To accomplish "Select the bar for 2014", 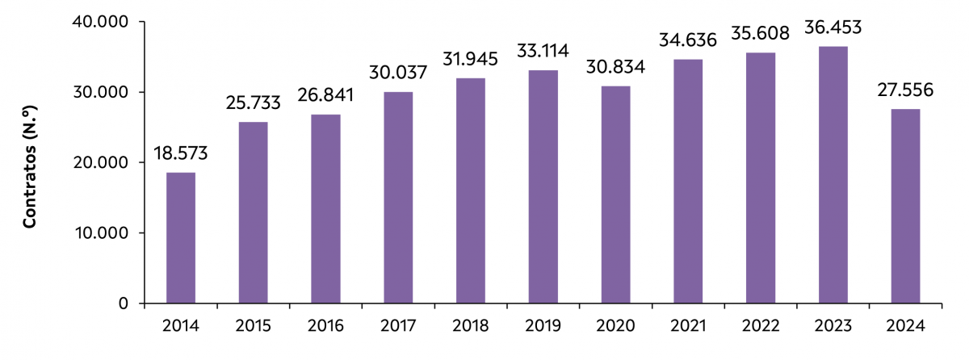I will (x=180, y=238).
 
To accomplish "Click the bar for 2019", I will (x=543, y=186).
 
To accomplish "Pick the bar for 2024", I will (x=905, y=206).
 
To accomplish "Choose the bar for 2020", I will (x=616, y=195).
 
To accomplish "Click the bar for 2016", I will (x=325, y=209).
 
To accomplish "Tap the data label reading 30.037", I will (x=398, y=73).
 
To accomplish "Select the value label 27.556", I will (x=905, y=90).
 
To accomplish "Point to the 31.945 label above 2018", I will (x=471, y=60).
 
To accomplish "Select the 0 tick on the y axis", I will (x=123, y=303).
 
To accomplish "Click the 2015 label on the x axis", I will (x=254, y=326).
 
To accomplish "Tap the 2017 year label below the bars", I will (x=398, y=326).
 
